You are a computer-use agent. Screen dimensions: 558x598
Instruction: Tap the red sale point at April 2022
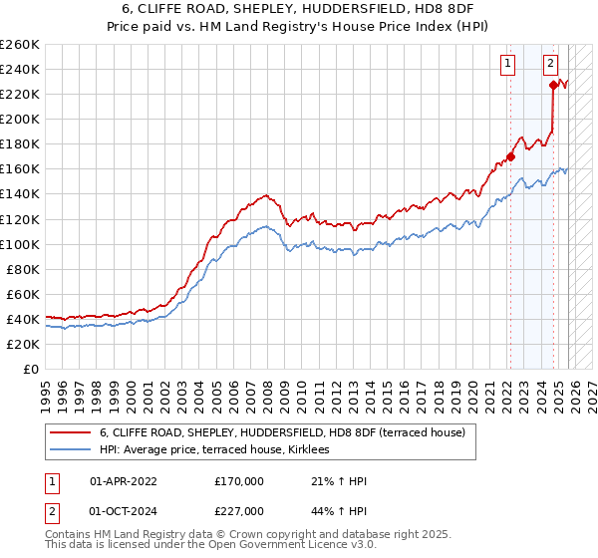point(509,156)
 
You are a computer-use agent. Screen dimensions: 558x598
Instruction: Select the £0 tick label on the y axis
point(32,369)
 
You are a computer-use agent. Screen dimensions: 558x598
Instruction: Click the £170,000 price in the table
point(239,481)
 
